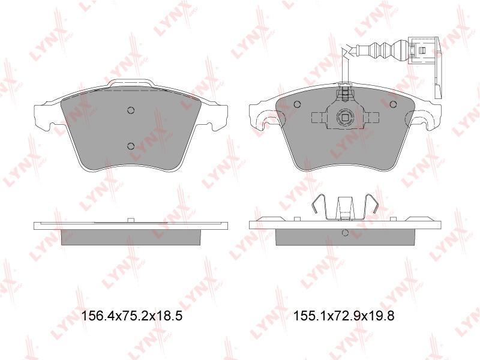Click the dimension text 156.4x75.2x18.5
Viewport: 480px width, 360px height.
point(131,316)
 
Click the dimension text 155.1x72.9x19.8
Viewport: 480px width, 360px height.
point(344,316)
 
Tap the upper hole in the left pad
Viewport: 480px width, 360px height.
point(131,110)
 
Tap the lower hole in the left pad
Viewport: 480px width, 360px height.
point(131,146)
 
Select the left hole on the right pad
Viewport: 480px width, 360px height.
point(297,104)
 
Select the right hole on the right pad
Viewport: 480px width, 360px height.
point(393,104)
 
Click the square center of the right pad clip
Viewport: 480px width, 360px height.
point(345,117)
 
